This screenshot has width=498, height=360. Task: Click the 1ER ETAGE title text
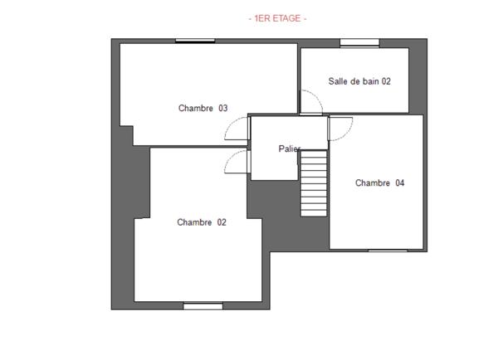tap(277, 18)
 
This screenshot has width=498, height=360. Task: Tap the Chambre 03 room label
tap(203, 108)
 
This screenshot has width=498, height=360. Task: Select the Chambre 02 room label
tap(202, 222)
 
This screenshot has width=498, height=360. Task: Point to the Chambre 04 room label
tap(379, 183)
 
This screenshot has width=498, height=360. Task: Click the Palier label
tap(289, 148)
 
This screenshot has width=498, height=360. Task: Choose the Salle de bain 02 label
tap(359, 81)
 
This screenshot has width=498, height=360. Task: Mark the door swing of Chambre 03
tap(238, 129)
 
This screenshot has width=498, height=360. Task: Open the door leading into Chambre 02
tap(236, 162)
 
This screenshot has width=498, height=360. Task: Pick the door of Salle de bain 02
tap(310, 103)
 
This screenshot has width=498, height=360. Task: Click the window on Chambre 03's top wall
tap(195, 40)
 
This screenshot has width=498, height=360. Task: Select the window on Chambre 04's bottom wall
tap(388, 250)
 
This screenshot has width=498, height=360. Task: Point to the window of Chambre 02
tap(203, 305)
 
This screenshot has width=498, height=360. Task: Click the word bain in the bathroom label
tap(371, 81)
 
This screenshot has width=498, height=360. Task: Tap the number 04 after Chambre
tap(399, 183)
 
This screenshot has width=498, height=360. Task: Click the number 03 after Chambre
tap(223, 108)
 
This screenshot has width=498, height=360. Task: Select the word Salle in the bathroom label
tap(339, 81)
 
